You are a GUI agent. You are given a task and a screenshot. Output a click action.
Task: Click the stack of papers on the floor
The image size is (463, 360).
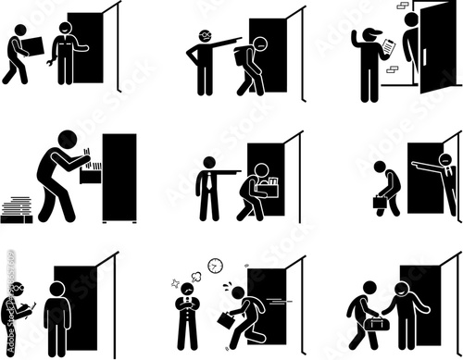click(x=17, y=209)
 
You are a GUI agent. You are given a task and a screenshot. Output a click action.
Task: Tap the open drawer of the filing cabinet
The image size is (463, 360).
click(x=92, y=173)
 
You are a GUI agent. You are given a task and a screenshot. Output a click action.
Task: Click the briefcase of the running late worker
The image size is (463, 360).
click(x=227, y=319)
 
